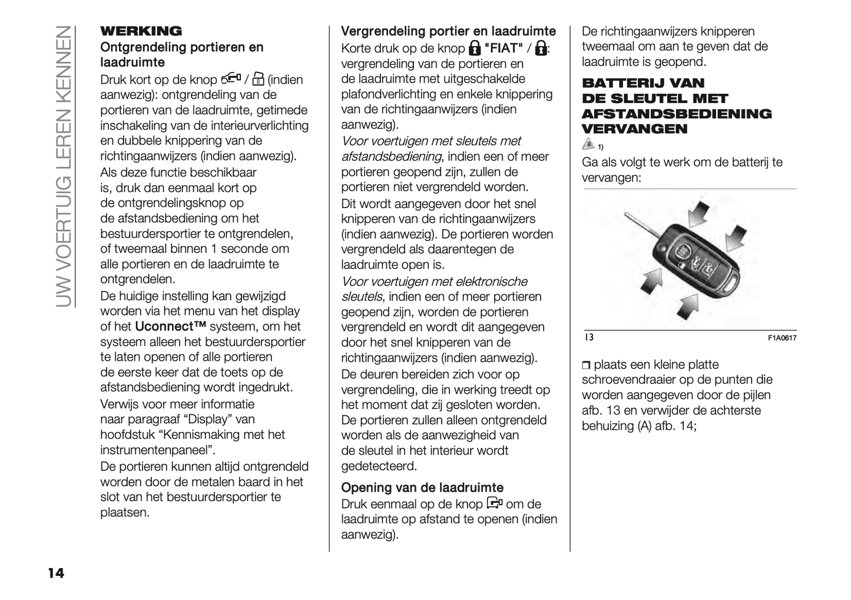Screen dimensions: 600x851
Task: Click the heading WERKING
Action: click(x=141, y=31)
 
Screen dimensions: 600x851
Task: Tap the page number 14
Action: click(x=56, y=573)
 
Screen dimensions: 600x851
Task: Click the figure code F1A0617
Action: click(x=782, y=338)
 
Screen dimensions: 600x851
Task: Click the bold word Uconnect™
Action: click(x=170, y=327)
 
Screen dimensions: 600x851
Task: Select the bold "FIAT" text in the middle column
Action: click(x=504, y=48)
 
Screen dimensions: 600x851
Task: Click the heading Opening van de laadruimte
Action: click(x=422, y=487)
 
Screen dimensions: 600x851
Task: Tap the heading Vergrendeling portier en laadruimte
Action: click(x=448, y=31)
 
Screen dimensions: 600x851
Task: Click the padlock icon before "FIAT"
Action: click(x=474, y=48)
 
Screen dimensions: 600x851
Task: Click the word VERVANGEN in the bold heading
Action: click(x=634, y=129)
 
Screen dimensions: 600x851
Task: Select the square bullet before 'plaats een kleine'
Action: click(x=585, y=365)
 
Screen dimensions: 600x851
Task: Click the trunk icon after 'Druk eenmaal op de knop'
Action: click(x=495, y=504)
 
